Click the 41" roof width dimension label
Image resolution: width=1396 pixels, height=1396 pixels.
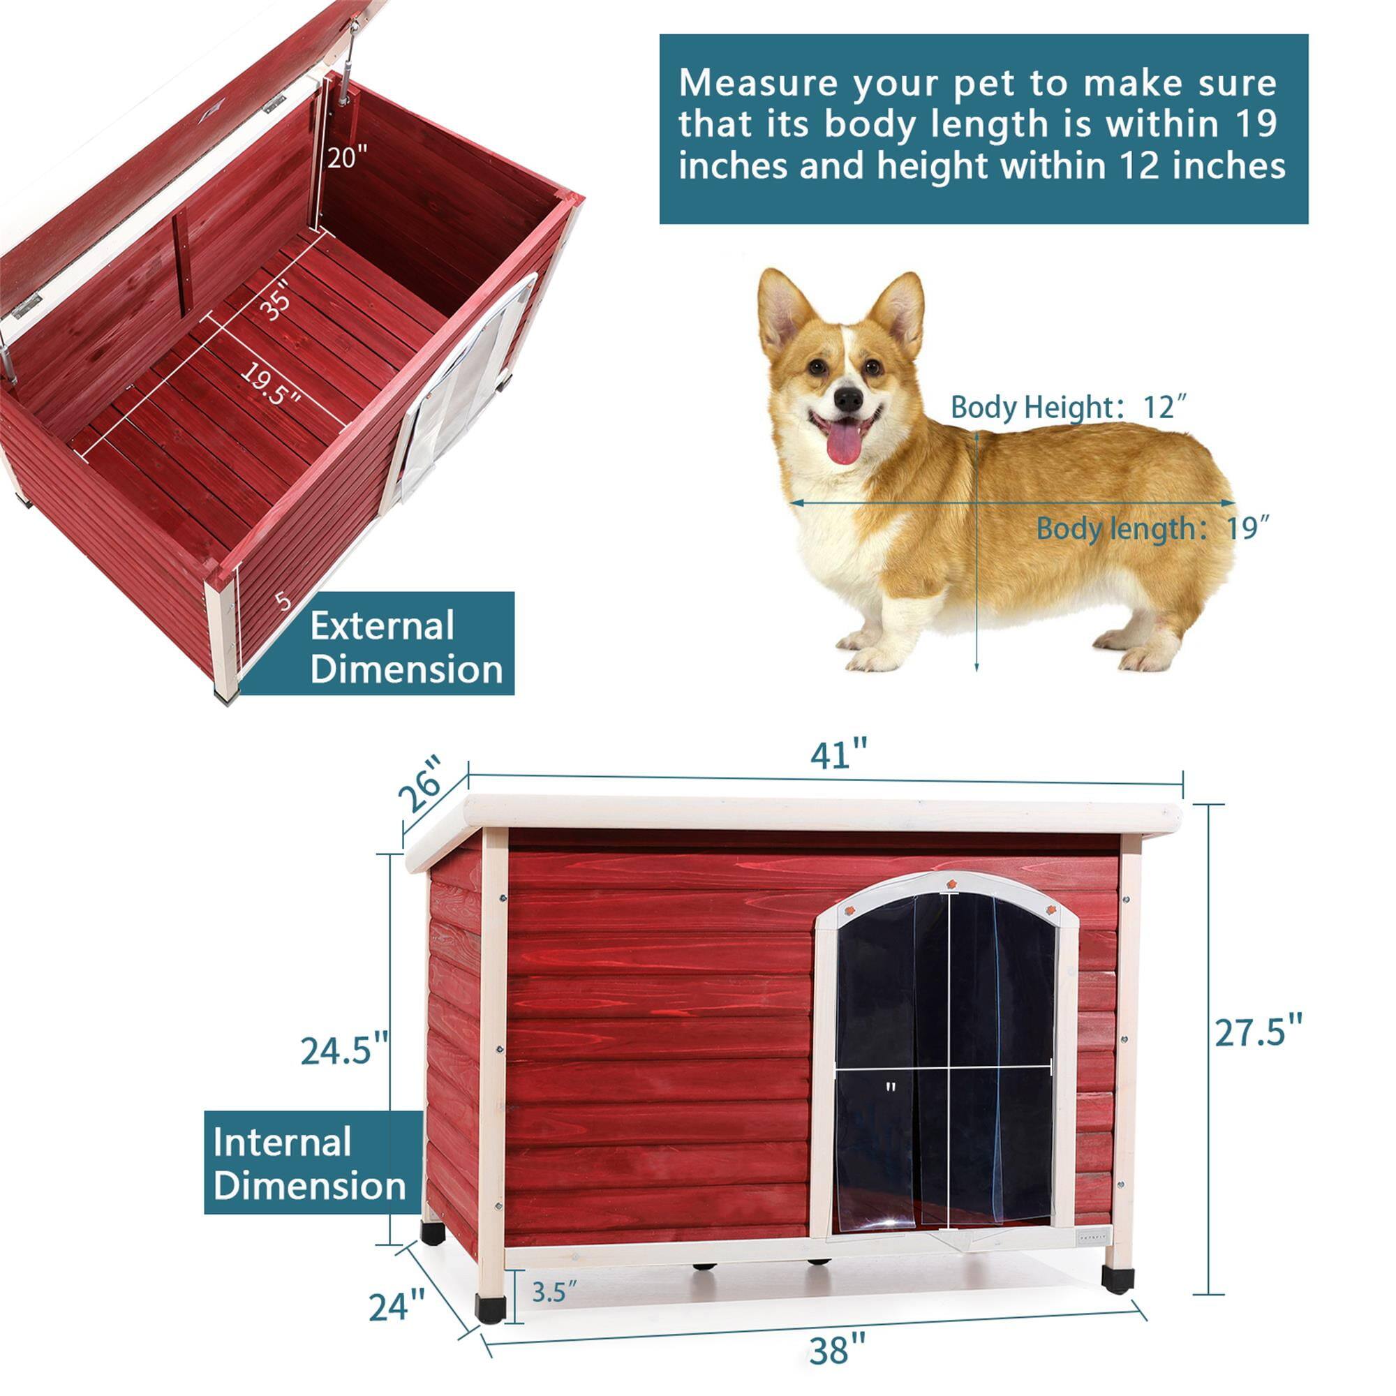tap(838, 755)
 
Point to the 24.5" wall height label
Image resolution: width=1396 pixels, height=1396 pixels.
tap(345, 1050)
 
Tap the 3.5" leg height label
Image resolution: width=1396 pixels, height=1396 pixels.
tap(554, 1271)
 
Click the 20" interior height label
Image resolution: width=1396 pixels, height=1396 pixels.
tap(347, 156)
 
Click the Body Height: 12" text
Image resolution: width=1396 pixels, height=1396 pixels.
tap(1069, 408)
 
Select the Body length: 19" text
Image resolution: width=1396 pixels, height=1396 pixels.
tap(1152, 528)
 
